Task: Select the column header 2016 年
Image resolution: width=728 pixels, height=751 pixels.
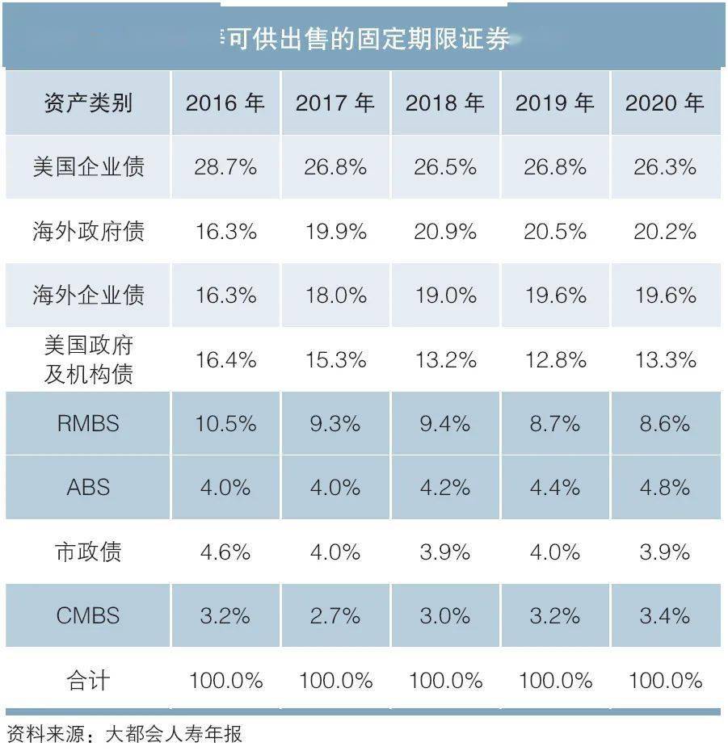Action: coord(225,103)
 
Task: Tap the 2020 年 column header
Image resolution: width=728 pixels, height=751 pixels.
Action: coord(664,103)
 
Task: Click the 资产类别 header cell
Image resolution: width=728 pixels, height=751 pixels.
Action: coord(88,103)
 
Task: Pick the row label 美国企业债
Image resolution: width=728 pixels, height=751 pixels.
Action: coord(88,167)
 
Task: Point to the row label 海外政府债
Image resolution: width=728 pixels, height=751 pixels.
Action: coord(88,232)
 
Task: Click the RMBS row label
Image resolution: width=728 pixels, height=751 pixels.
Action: coord(88,424)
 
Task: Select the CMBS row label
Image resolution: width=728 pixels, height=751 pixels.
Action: coord(88,616)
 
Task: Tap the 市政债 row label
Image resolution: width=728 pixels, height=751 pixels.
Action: coord(88,552)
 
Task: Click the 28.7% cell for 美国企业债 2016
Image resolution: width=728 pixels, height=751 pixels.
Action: coord(225,167)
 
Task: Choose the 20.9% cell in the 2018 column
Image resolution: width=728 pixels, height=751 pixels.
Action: coord(444,232)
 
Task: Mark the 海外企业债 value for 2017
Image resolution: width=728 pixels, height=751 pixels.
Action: coord(335,296)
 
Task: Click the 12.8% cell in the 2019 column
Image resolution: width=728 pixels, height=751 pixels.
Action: coord(554,359)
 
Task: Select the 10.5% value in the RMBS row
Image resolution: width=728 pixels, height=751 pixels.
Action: coord(225,424)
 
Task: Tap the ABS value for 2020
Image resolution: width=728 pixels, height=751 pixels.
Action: coord(664,488)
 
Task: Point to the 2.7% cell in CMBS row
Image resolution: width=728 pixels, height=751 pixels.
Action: coord(335,616)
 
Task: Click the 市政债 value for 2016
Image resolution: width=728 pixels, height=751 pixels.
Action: coord(225,552)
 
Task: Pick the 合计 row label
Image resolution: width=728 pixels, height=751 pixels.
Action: coord(88,681)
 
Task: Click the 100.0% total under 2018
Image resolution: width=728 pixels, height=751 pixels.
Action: coord(444,681)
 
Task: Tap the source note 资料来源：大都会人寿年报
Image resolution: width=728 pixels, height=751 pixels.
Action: coord(124,734)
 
